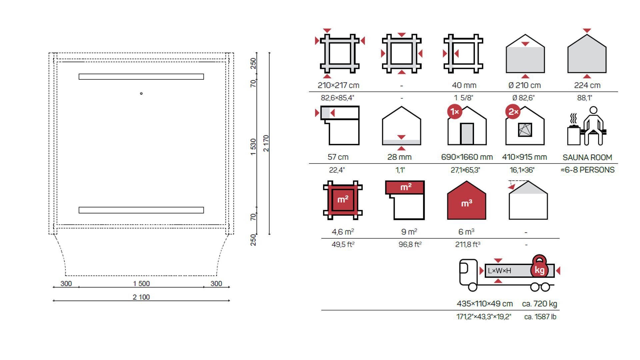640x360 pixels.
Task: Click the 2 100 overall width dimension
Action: (x=141, y=297)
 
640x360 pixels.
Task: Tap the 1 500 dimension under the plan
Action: (x=141, y=284)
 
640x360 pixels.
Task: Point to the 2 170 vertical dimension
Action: (x=266, y=143)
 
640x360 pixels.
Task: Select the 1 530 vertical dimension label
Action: (x=253, y=147)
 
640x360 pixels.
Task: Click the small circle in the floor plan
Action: (x=141, y=94)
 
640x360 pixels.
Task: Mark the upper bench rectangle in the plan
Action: (x=141, y=77)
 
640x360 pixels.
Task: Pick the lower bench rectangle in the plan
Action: (x=141, y=210)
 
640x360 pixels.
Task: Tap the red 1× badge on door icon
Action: (x=455, y=112)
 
